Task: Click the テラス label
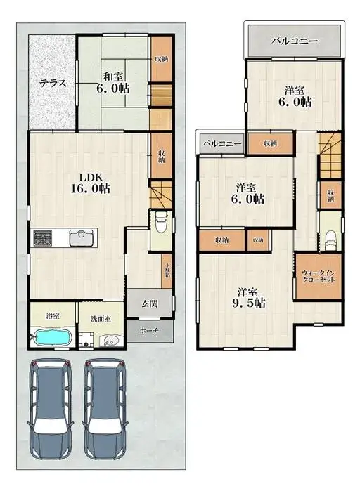[53, 83]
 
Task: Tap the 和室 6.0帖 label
[112, 83]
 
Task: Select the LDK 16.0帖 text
[94, 182]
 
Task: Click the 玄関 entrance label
[148, 303]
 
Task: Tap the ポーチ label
[148, 329]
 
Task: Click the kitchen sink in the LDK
[79, 237]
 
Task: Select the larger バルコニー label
[295, 41]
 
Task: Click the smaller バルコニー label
[222, 143]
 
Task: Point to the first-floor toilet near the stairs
[160, 223]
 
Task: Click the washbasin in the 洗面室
[110, 341]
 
